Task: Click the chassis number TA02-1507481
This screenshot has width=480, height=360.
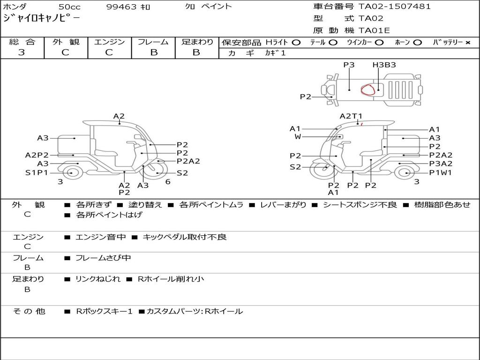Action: (x=394, y=7)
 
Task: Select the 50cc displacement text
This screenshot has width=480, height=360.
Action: (x=69, y=7)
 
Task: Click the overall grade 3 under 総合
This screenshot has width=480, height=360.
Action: (x=22, y=52)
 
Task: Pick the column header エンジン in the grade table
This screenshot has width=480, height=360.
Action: (x=109, y=42)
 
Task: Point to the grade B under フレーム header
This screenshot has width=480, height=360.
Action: (x=153, y=52)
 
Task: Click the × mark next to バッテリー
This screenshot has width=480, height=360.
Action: (x=467, y=43)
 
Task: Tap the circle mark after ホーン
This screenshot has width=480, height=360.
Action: (x=418, y=43)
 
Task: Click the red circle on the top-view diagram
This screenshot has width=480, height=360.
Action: (x=368, y=89)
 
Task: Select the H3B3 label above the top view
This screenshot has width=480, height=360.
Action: (x=384, y=65)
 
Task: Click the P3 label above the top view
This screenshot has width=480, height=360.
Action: (x=349, y=65)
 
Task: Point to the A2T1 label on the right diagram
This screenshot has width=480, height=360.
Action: (x=351, y=116)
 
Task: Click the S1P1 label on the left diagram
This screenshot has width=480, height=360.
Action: (x=37, y=173)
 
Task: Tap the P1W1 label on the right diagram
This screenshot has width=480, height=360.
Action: (x=441, y=173)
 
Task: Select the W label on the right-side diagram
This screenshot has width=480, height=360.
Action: (x=298, y=137)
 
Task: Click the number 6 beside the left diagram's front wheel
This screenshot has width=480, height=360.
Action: (x=167, y=182)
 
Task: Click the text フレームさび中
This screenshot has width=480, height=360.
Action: (x=103, y=258)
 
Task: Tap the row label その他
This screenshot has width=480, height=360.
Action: (x=29, y=311)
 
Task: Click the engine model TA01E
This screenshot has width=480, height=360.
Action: (x=375, y=31)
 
